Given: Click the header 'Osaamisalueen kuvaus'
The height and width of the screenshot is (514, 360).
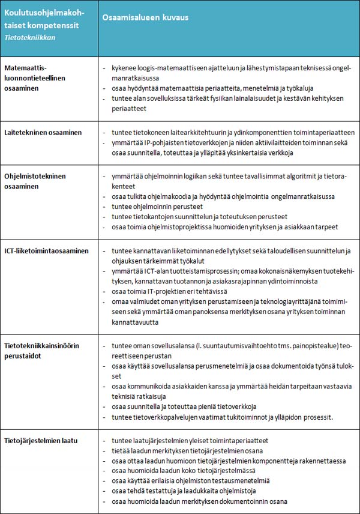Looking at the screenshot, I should (x=145, y=17).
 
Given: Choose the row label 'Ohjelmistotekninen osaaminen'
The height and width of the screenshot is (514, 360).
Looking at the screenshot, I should (x=35, y=181).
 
